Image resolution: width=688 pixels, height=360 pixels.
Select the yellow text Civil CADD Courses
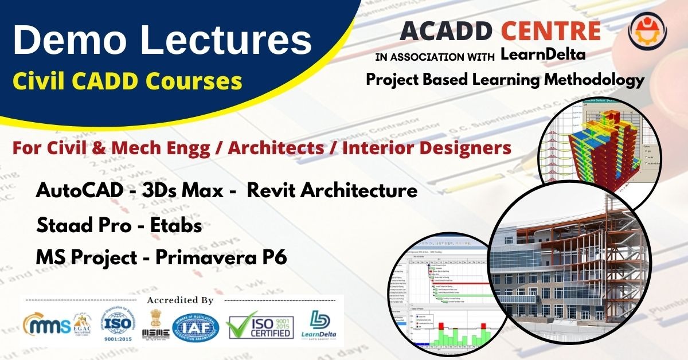(x=127, y=81)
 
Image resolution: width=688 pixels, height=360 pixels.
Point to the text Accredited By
(x=180, y=300)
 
